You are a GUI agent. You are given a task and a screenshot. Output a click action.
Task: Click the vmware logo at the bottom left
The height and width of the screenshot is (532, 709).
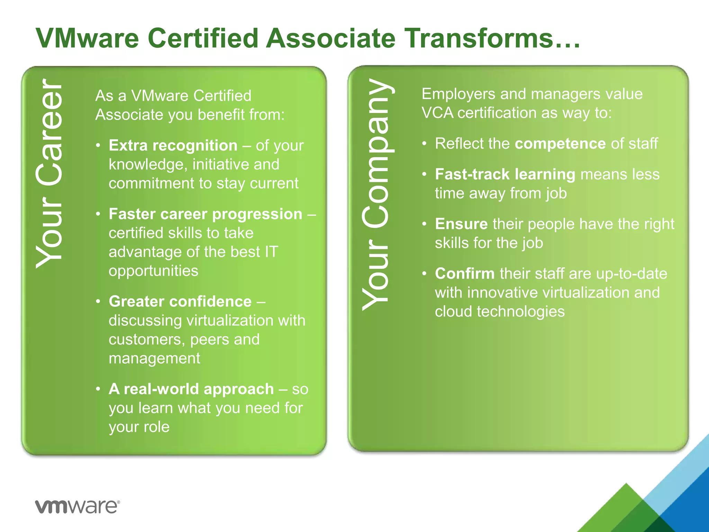point(77,507)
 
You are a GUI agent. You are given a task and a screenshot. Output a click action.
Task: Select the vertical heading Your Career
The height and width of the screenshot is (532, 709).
point(50,173)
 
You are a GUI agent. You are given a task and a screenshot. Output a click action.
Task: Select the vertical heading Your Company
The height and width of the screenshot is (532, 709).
point(377,194)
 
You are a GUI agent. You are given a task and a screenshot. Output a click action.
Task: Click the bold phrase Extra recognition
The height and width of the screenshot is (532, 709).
point(173,145)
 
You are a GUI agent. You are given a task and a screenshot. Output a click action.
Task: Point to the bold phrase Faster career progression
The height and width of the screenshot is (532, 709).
point(206,214)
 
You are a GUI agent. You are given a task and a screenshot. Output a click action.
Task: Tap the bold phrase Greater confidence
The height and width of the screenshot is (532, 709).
point(180,301)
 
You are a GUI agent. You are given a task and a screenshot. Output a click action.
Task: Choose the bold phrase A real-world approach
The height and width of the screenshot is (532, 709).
point(191,389)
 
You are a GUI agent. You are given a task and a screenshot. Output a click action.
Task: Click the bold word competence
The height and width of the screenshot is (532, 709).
point(560,143)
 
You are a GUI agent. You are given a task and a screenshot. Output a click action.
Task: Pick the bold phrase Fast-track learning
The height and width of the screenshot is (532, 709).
point(505,174)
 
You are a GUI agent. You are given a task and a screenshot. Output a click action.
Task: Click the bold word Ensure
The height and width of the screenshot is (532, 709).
point(461,224)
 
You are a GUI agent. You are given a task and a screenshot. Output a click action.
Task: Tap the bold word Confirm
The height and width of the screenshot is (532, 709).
point(465,274)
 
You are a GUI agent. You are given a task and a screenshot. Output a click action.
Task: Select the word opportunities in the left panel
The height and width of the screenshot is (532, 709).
point(153,271)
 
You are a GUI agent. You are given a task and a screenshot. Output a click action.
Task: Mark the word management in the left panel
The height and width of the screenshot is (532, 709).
point(154,358)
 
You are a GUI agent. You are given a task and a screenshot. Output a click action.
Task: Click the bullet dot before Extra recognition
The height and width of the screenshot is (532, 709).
point(98,146)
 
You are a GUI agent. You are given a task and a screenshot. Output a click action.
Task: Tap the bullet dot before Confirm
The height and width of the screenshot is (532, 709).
point(424,274)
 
